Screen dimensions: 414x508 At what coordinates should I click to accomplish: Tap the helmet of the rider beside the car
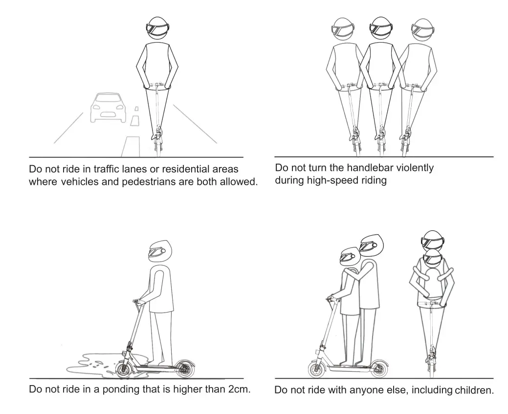tap(158, 30)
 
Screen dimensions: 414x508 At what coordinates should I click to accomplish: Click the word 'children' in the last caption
tap(473, 391)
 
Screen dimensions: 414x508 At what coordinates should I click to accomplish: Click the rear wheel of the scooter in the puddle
tap(184, 368)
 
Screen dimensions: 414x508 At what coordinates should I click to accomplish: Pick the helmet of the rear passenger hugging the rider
tap(371, 244)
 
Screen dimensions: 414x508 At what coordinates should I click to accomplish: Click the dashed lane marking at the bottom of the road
tap(131, 146)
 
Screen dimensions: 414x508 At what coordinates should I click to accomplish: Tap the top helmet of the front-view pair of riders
tap(432, 240)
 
